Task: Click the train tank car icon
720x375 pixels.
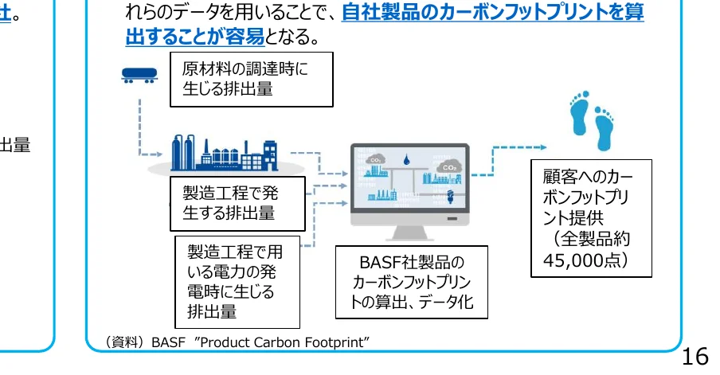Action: click(140, 75)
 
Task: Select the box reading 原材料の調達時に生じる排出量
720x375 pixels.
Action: click(251, 80)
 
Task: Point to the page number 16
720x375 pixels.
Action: click(696, 356)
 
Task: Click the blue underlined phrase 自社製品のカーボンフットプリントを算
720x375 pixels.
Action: click(492, 14)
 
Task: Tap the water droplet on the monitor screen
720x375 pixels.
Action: click(409, 157)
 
